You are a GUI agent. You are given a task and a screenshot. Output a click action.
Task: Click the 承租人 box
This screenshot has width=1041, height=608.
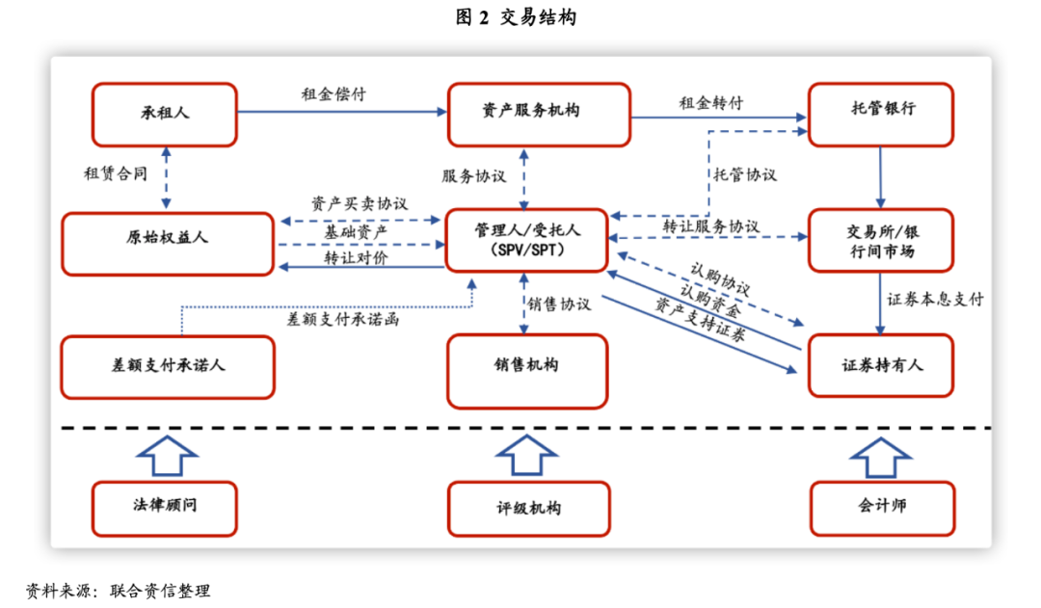click(164, 114)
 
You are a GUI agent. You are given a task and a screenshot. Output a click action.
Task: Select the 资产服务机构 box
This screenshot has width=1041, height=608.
click(539, 114)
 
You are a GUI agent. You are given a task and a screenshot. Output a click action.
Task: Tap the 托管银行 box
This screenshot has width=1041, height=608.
click(882, 114)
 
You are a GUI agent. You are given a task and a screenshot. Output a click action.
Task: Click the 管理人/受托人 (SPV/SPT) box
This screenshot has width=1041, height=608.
click(525, 240)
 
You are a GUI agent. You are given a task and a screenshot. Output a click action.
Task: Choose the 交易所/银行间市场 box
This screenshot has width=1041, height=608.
click(881, 240)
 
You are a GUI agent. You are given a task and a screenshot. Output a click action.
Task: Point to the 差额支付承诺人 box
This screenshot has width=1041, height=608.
click(168, 367)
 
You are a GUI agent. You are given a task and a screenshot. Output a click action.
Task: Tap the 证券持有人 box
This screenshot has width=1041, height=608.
click(881, 366)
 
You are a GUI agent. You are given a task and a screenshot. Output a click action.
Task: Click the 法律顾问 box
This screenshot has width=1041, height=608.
click(164, 508)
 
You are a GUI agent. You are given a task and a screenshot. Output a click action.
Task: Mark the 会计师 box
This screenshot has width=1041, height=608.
click(882, 508)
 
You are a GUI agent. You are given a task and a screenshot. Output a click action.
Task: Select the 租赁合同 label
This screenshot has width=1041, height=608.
click(116, 173)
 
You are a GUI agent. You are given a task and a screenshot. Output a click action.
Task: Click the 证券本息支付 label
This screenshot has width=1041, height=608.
click(935, 299)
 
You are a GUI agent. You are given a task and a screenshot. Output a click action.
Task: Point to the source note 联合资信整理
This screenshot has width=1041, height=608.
click(160, 591)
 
